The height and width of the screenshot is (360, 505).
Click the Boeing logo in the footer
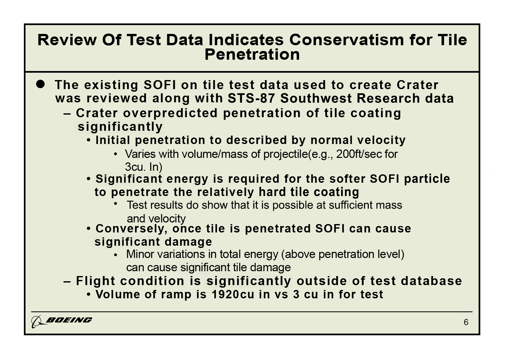click(x=62, y=321)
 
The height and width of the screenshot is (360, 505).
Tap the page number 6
click(x=466, y=322)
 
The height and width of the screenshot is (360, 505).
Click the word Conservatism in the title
click(x=347, y=40)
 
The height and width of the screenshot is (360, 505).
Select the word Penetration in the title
click(x=252, y=55)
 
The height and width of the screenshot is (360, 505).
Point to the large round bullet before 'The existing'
click(x=40, y=84)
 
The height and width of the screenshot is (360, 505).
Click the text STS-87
click(x=251, y=98)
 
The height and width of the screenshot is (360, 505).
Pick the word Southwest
click(x=316, y=98)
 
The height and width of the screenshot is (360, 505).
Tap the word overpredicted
click(x=170, y=113)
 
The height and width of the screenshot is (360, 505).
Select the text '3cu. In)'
click(x=144, y=167)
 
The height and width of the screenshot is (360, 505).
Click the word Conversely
click(x=131, y=229)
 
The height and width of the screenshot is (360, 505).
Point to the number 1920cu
click(x=233, y=294)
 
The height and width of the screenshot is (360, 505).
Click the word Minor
click(x=140, y=254)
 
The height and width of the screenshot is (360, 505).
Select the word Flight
click(x=96, y=281)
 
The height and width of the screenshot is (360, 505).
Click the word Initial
click(x=113, y=140)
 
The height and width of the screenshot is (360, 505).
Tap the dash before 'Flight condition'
click(x=67, y=282)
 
